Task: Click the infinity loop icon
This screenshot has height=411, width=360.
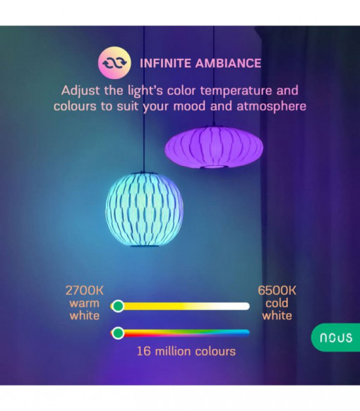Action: click(114, 63)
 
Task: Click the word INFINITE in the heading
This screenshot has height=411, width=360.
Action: click(165, 64)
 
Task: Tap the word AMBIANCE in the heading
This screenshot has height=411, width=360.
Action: click(228, 64)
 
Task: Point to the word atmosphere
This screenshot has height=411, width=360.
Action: click(271, 106)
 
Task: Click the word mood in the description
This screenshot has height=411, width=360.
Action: click(189, 106)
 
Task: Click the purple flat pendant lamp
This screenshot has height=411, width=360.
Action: click(214, 148)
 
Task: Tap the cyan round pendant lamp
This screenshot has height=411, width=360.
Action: click(145, 209)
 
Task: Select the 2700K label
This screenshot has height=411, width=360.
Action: click(85, 290)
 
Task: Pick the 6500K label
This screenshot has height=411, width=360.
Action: click(277, 290)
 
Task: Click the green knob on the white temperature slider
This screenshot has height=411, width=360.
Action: click(118, 306)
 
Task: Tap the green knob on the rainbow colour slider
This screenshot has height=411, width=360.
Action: click(118, 333)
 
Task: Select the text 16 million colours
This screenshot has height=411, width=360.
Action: click(186, 351)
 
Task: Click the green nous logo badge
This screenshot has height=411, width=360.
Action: click(335, 338)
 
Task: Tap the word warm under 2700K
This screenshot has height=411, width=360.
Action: click(85, 304)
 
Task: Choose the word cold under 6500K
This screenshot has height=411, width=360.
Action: click(277, 303)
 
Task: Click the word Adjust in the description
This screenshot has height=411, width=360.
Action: click(80, 91)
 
